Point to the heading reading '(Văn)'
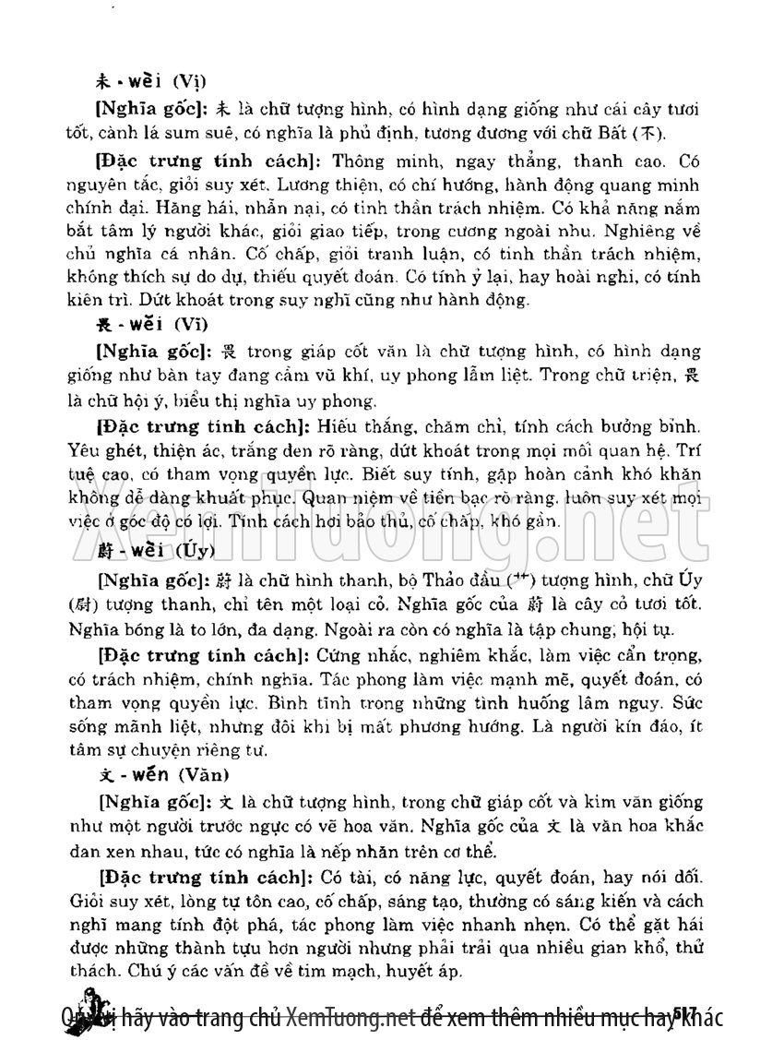[206, 772]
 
